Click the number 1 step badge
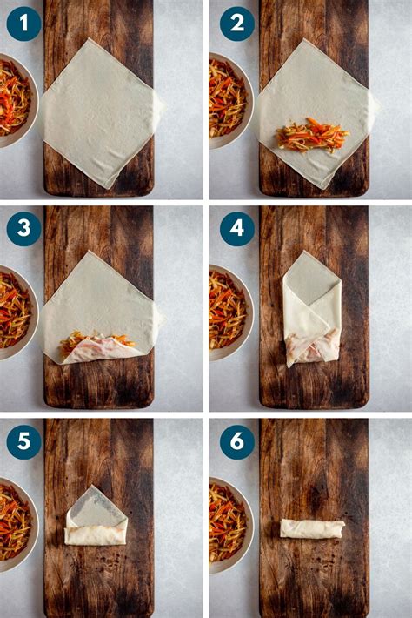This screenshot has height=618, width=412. (x=23, y=24)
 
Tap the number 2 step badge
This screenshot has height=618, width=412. (x=237, y=24)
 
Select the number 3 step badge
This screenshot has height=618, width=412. (x=23, y=229)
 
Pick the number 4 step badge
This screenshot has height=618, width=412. (x=237, y=229)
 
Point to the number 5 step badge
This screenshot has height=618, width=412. (x=23, y=442)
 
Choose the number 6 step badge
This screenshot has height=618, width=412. (x=237, y=442)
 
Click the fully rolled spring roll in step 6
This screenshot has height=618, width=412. (x=312, y=529)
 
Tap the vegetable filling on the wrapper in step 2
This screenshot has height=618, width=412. (x=313, y=135)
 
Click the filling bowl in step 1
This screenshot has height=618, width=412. (x=16, y=100)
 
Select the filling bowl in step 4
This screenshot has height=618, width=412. (x=229, y=312)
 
